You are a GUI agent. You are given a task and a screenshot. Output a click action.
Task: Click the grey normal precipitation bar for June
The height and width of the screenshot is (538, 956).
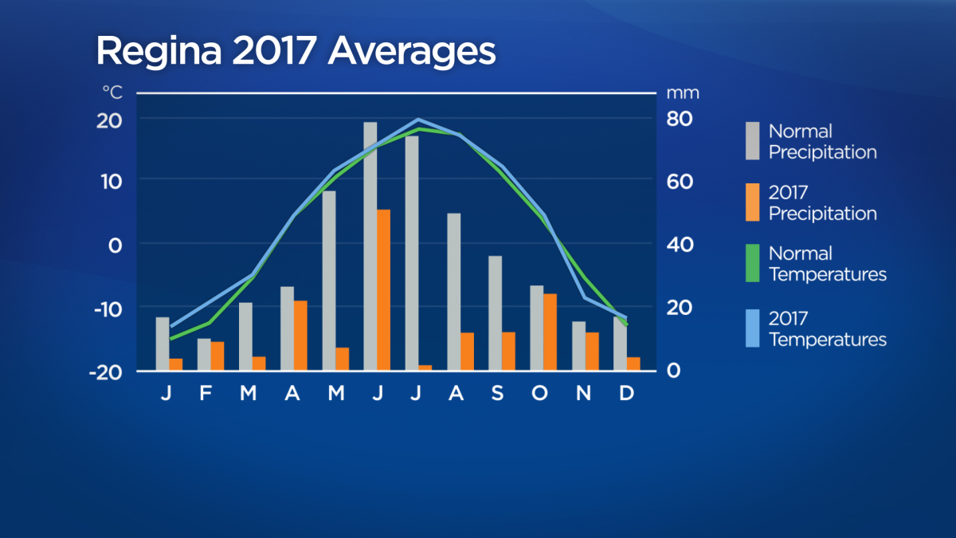370,247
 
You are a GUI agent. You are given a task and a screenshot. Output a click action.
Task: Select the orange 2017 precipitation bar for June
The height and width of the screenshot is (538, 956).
383,290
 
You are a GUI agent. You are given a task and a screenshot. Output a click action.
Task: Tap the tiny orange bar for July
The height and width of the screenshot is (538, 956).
425,367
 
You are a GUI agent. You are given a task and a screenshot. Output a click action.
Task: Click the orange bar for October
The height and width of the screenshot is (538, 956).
550,332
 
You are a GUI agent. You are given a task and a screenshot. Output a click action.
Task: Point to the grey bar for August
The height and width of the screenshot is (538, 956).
453,292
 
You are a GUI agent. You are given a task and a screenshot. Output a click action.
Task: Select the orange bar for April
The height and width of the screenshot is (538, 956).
300,336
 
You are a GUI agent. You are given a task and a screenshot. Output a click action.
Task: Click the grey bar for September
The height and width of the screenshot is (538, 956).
495,313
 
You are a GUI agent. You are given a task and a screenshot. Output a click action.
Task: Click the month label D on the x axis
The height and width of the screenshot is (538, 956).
626,393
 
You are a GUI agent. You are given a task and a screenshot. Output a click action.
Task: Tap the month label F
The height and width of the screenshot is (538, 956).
206,393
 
